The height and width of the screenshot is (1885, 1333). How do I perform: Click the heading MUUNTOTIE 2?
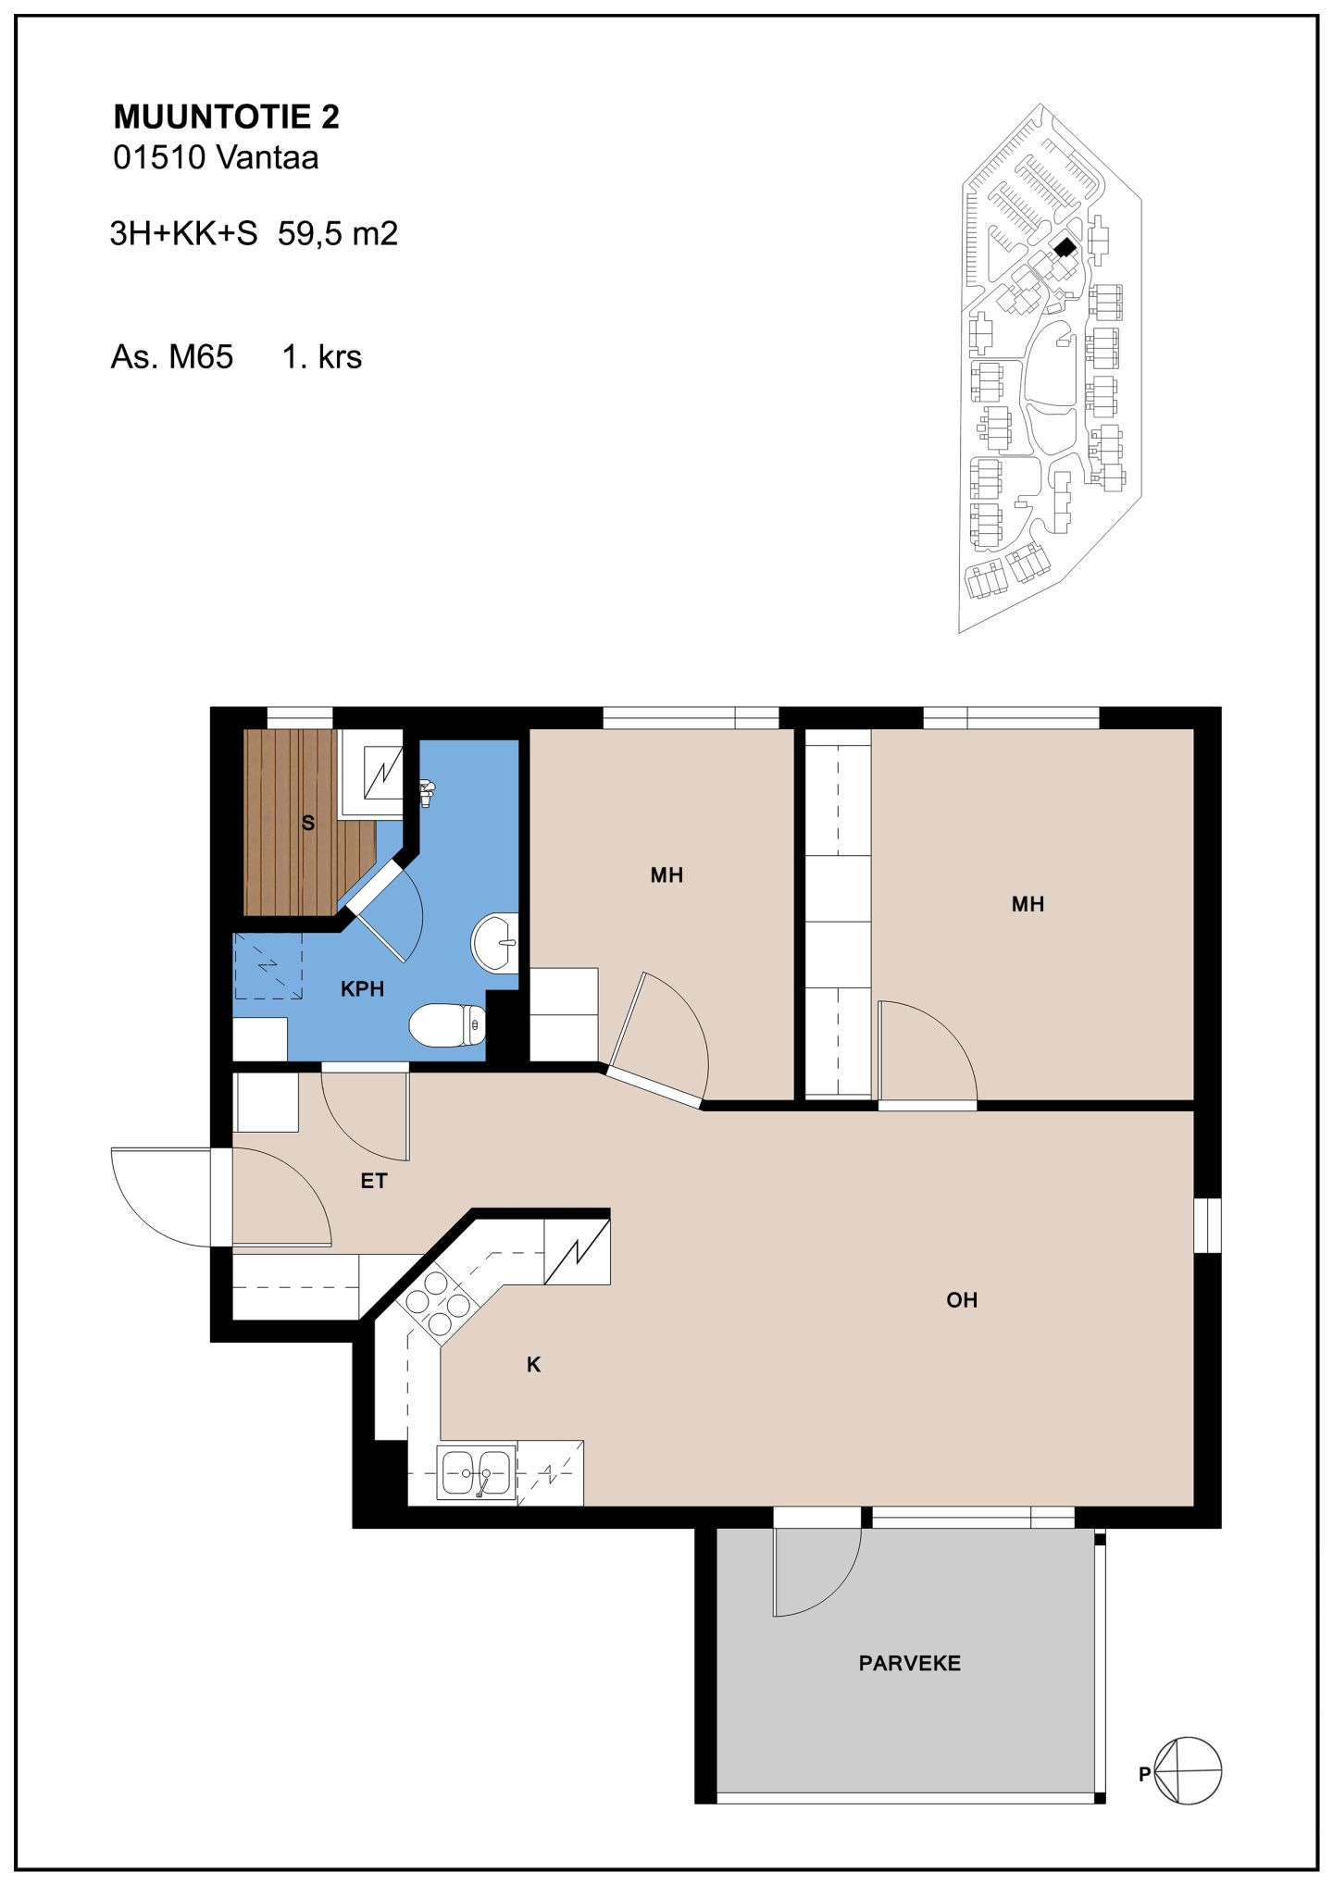click(226, 117)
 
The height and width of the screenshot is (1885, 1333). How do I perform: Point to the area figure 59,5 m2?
click(338, 233)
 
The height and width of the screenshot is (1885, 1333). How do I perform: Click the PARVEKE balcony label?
click(910, 1663)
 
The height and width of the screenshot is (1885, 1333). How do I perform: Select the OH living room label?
click(962, 1300)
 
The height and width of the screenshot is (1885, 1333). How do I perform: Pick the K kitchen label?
click(533, 1364)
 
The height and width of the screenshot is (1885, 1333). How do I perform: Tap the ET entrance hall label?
click(374, 1181)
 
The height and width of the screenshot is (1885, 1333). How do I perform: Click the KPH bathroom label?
click(362, 989)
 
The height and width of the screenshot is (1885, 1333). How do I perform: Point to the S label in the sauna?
click(308, 823)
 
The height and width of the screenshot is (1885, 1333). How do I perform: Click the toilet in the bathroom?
click(448, 1025)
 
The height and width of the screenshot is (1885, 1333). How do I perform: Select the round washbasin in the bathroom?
click(495, 943)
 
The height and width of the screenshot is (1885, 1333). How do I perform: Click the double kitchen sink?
click(477, 1472)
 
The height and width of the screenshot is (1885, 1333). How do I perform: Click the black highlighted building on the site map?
click(1065, 247)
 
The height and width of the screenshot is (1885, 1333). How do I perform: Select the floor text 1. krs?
click(322, 356)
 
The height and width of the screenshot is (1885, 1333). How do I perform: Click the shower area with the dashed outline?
click(268, 966)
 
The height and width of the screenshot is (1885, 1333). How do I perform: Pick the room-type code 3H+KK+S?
click(183, 233)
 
